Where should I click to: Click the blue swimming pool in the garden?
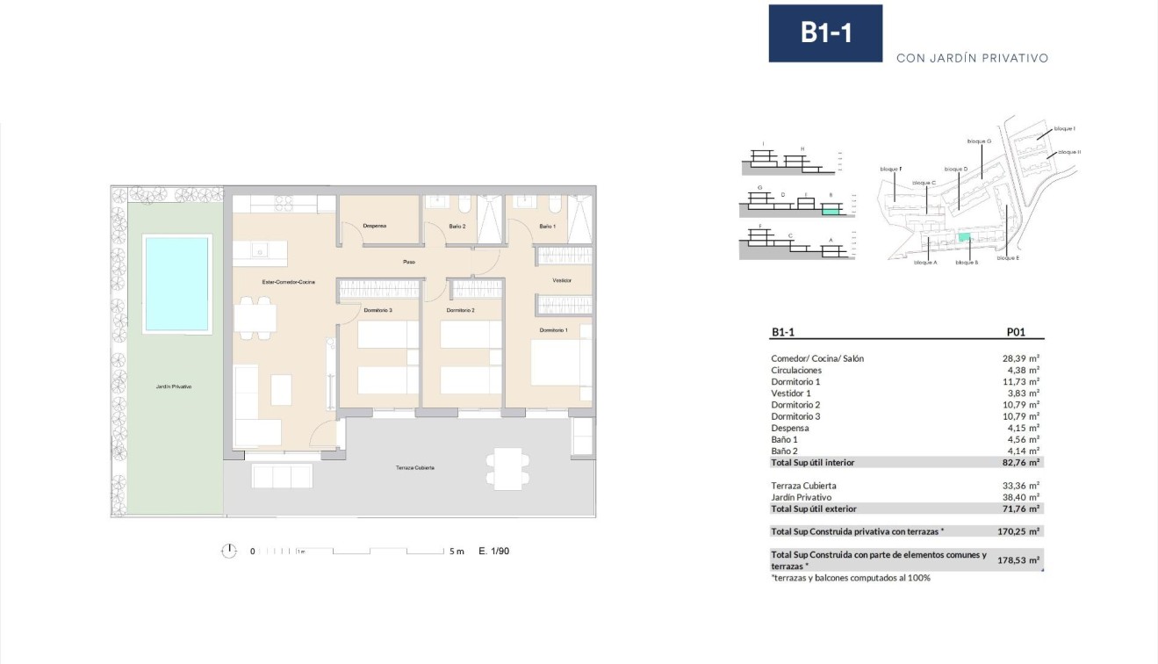[x=178, y=283]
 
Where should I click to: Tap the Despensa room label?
[x=375, y=226]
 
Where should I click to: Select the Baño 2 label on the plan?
[x=457, y=227]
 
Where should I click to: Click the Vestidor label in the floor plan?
[x=562, y=280]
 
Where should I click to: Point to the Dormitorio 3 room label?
[x=378, y=310]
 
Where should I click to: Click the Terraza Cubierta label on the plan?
[x=414, y=468]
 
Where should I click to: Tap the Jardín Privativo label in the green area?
[x=176, y=386]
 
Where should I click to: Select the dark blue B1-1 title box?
[x=825, y=33]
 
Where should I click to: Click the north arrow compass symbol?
[x=229, y=551]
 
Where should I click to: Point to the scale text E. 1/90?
[x=493, y=552]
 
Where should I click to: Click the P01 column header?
[x=1015, y=333]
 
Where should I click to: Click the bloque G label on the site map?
[x=979, y=141]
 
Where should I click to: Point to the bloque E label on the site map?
[x=1008, y=258]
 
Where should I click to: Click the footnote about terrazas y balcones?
[x=850, y=578]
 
